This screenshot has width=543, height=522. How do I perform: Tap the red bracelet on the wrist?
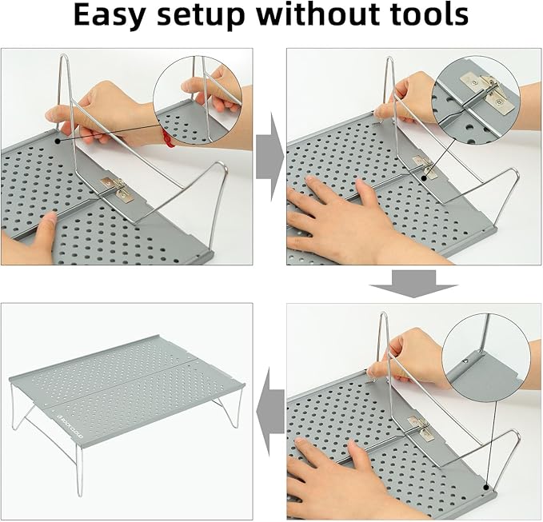(x=170, y=141)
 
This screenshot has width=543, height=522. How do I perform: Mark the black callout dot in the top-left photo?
(x=58, y=138)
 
